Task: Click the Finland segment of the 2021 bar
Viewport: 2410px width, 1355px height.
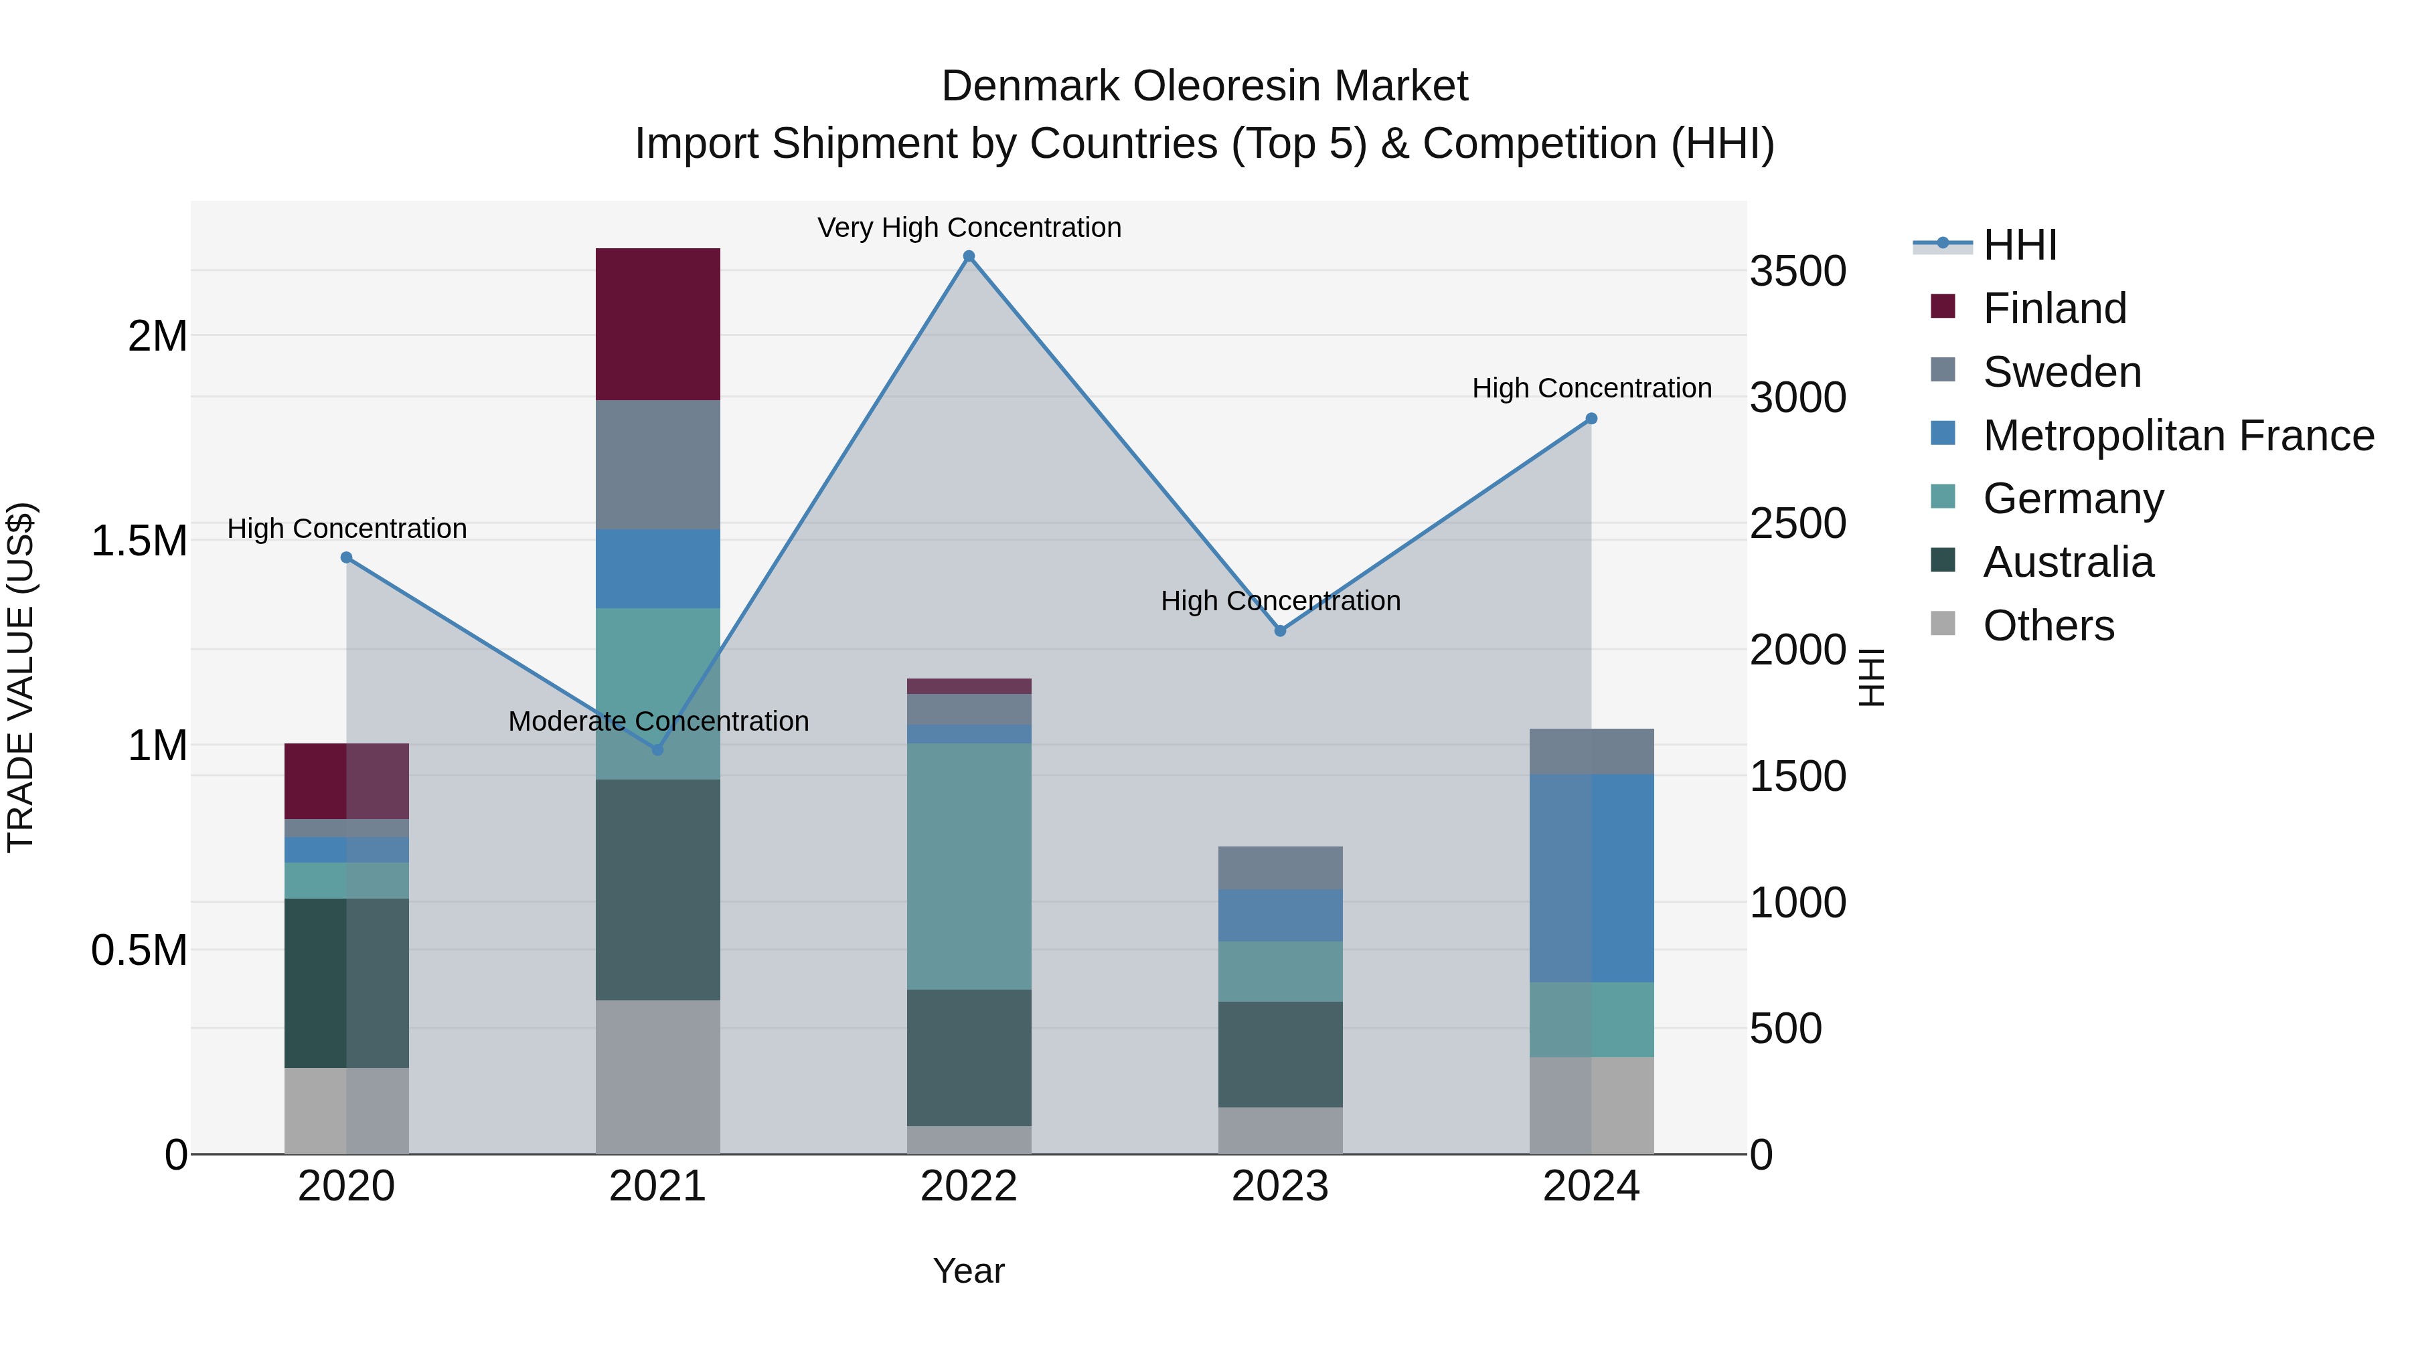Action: (657, 324)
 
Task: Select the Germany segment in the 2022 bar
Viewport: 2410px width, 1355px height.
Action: (969, 865)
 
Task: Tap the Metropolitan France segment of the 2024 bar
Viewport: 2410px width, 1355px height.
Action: (1591, 877)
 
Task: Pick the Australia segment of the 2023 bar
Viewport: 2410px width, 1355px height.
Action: (1280, 1054)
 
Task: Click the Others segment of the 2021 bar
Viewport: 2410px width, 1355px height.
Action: (657, 1077)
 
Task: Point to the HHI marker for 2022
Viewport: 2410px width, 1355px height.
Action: (969, 256)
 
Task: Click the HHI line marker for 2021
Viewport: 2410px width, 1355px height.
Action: (657, 750)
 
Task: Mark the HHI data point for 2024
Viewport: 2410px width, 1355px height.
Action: (1591, 419)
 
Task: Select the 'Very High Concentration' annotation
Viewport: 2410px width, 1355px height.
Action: (969, 228)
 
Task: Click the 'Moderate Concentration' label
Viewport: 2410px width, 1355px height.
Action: (657, 721)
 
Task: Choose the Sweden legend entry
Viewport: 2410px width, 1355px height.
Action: (2061, 372)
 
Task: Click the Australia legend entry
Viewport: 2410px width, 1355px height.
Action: (2068, 562)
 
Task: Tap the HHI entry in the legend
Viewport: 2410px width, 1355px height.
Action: (2019, 245)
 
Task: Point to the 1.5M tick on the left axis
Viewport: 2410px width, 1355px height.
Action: (139, 541)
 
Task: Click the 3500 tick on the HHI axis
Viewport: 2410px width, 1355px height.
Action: (1797, 271)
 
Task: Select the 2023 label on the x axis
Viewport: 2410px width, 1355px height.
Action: (1280, 1186)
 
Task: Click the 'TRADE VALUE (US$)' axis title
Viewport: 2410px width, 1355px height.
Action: (21, 677)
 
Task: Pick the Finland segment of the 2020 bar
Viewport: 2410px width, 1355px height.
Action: (346, 781)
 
